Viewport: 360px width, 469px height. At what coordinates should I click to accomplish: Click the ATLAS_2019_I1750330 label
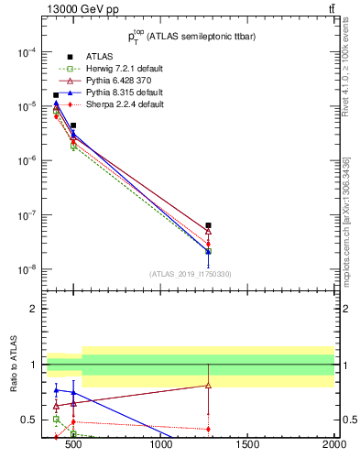click(x=191, y=274)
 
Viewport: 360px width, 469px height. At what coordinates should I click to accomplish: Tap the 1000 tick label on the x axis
click(x=162, y=446)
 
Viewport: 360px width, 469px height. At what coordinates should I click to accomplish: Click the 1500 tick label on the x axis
click(x=248, y=446)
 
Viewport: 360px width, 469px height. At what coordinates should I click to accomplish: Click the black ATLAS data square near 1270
click(x=209, y=225)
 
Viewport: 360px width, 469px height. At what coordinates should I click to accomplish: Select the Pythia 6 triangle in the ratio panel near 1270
click(x=209, y=385)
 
